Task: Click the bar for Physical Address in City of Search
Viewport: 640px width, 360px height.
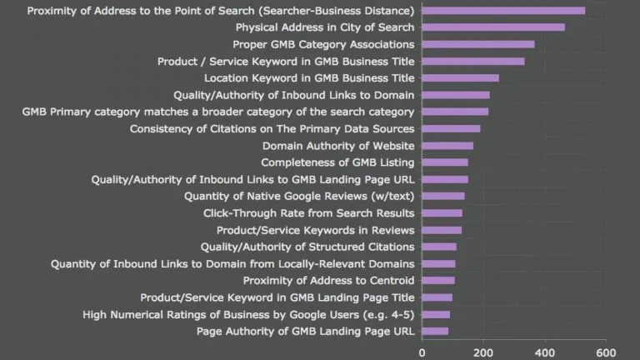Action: [x=493, y=27]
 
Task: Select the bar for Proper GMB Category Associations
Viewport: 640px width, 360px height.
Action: [x=478, y=44]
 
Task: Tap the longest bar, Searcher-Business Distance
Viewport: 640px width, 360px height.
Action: [x=503, y=11]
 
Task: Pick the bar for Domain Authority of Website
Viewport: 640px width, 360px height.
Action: [x=447, y=146]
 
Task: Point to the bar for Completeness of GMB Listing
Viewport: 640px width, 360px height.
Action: [x=445, y=162]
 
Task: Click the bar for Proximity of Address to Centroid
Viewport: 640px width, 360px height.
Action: [x=438, y=281]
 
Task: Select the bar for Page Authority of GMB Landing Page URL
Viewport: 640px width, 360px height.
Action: [x=435, y=331]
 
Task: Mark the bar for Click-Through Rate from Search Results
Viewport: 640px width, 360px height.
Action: [x=442, y=213]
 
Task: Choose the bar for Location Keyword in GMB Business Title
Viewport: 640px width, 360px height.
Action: [x=460, y=78]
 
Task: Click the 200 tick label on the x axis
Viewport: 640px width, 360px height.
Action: [x=483, y=352]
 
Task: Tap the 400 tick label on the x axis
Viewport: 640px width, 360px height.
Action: [x=545, y=352]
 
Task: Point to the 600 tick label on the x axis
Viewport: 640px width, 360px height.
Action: [x=606, y=352]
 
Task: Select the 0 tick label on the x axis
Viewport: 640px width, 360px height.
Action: [x=422, y=352]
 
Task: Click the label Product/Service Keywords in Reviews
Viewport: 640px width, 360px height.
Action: [x=315, y=230]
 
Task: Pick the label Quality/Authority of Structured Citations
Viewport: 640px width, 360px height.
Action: [x=307, y=247]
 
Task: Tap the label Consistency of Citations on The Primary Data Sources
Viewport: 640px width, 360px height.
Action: [x=272, y=129]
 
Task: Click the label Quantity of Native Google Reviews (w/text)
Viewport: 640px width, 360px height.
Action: [x=299, y=197]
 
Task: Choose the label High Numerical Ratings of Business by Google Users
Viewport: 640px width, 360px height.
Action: [x=248, y=314]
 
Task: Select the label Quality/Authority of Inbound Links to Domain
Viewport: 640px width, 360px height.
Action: [x=293, y=95]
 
